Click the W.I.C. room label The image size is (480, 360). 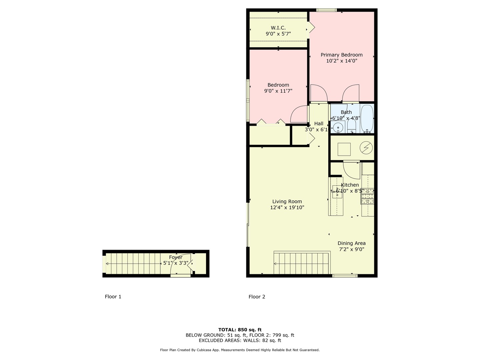click(278, 28)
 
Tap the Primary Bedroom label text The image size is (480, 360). click(341, 55)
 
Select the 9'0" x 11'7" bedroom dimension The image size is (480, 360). click(278, 91)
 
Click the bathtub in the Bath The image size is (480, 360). click(367, 119)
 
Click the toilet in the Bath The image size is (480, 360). click(352, 127)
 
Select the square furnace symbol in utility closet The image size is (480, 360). click(344, 149)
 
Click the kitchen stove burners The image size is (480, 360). click(368, 196)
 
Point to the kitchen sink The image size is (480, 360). click(337, 192)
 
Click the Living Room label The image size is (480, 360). click(287, 201)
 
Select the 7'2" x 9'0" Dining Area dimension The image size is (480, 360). click(351, 249)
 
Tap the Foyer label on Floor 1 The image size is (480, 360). click(175, 257)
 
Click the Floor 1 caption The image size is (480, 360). click(113, 297)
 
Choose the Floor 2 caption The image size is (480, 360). click(257, 297)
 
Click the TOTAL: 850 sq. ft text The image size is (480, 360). click(240, 330)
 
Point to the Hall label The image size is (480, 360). click(318, 124)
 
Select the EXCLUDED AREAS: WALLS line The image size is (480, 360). click(240, 340)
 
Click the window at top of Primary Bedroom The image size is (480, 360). click(326, 10)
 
